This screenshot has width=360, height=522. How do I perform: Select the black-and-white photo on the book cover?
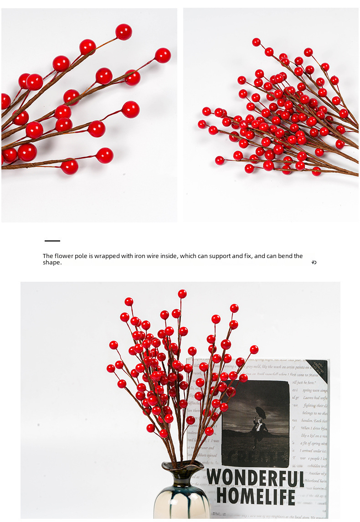(255, 424)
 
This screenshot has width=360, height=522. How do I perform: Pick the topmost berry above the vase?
(182, 294)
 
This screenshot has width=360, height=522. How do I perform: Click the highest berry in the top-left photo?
(123, 32)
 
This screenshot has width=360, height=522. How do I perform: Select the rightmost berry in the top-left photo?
(163, 56)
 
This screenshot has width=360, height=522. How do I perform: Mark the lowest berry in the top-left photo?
(70, 167)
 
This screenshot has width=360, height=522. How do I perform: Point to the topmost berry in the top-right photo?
(257, 42)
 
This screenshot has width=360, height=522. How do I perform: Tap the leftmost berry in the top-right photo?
(202, 124)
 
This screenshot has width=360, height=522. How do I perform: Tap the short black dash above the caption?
(52, 241)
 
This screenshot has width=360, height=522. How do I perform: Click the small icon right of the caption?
(314, 262)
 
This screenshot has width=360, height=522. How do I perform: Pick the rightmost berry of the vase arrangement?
(254, 350)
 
